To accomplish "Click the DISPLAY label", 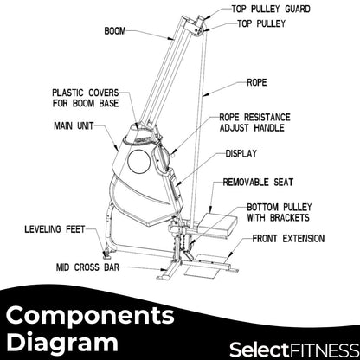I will tap(241, 153).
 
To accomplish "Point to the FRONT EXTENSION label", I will tap(289, 238).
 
